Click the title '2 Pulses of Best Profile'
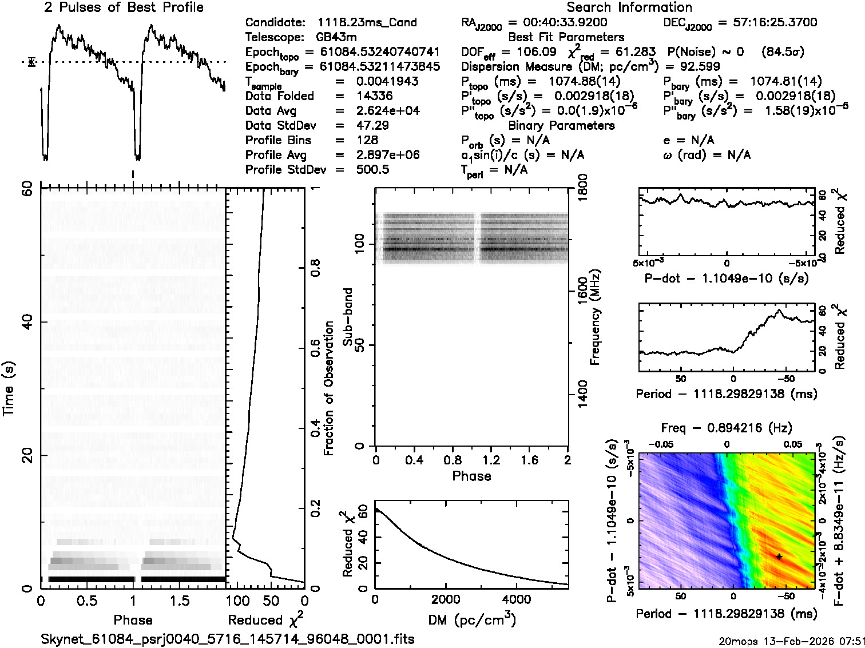point(124,8)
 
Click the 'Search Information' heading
point(629,8)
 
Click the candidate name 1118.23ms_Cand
point(367,23)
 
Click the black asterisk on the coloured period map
point(779,556)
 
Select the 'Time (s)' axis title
point(9,389)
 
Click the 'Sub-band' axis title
point(348,317)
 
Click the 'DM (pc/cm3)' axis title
point(471,620)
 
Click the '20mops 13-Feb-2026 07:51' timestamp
point(791,641)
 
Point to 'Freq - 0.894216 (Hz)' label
point(727,428)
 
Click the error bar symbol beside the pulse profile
point(32,62)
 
